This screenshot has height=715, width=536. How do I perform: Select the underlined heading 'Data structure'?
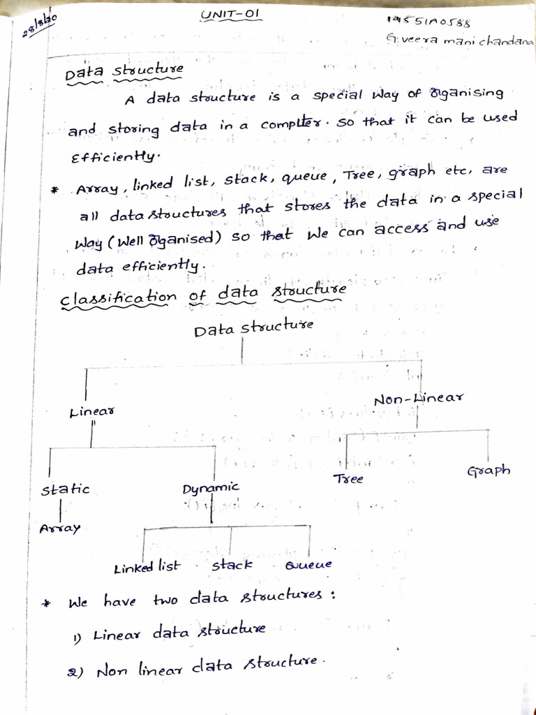point(124,72)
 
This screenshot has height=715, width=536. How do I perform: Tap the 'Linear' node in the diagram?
point(92,413)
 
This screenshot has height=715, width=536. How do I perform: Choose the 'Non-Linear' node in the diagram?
point(418,399)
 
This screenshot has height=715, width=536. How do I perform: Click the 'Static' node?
point(66,489)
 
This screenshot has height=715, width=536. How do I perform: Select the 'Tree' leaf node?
point(348,480)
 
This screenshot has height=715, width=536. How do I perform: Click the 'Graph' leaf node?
point(489,470)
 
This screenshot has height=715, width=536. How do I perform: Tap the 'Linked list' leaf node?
point(147,568)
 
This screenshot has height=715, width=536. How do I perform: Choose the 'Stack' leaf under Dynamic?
point(232,564)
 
